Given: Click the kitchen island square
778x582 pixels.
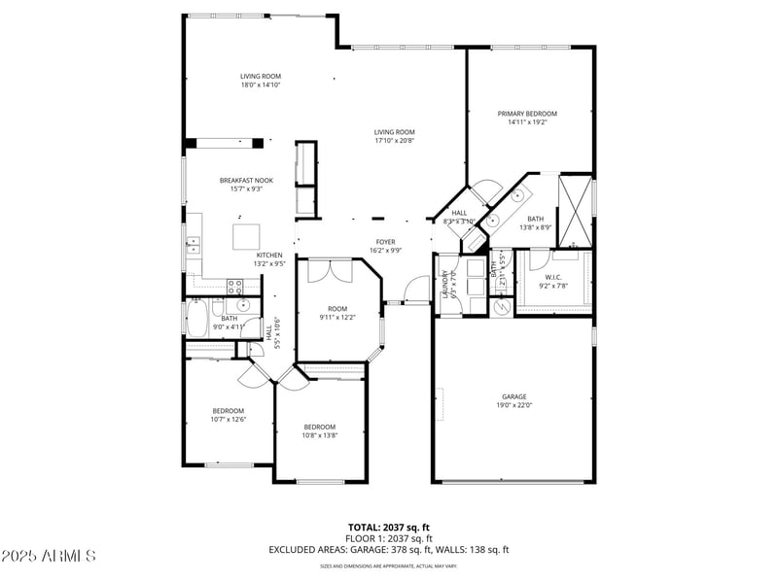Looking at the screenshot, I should pos(246,237).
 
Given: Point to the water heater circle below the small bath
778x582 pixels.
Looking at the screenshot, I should pos(502,306).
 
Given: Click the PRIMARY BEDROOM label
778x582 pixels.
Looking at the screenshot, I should pos(528,114).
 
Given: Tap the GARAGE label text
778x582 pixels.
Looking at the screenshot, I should pos(513,396).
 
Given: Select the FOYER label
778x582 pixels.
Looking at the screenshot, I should pos(387,241).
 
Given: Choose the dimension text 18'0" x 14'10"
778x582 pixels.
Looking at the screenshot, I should pos(261,85).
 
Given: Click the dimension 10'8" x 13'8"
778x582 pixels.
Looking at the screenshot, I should pos(319,435).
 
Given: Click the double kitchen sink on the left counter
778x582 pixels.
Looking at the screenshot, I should pos(194,243).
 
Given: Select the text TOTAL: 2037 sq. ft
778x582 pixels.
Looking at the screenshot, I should pos(389,527).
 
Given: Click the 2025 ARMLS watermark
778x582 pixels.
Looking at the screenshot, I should pos(49,557).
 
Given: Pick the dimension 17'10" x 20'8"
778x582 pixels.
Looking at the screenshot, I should pos(395,141).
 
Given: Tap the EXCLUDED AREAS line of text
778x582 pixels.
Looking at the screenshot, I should pos(389,549).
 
